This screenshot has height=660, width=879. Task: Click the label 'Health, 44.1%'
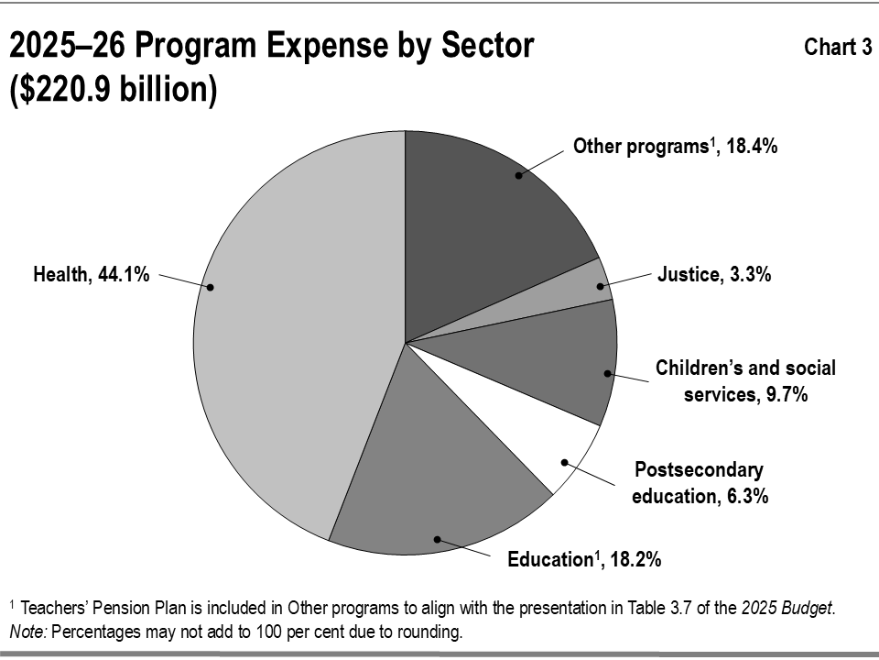[x=92, y=274]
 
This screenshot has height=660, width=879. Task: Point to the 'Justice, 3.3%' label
[x=714, y=274]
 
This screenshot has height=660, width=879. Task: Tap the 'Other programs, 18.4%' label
[x=675, y=147]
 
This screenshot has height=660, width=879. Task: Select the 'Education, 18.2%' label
[x=584, y=559]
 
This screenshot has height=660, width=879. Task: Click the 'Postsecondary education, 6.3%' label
[x=700, y=483]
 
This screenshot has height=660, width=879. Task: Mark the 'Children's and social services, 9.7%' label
[x=745, y=381]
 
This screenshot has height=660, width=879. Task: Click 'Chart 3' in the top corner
[x=838, y=47]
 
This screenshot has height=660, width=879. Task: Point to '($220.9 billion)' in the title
[x=114, y=90]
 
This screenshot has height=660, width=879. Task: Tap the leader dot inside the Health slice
[x=211, y=287]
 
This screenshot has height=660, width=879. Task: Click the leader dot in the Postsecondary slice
[x=565, y=462]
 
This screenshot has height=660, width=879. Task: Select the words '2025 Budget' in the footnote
[x=787, y=609]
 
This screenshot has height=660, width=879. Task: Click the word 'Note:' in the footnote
[x=28, y=632]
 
